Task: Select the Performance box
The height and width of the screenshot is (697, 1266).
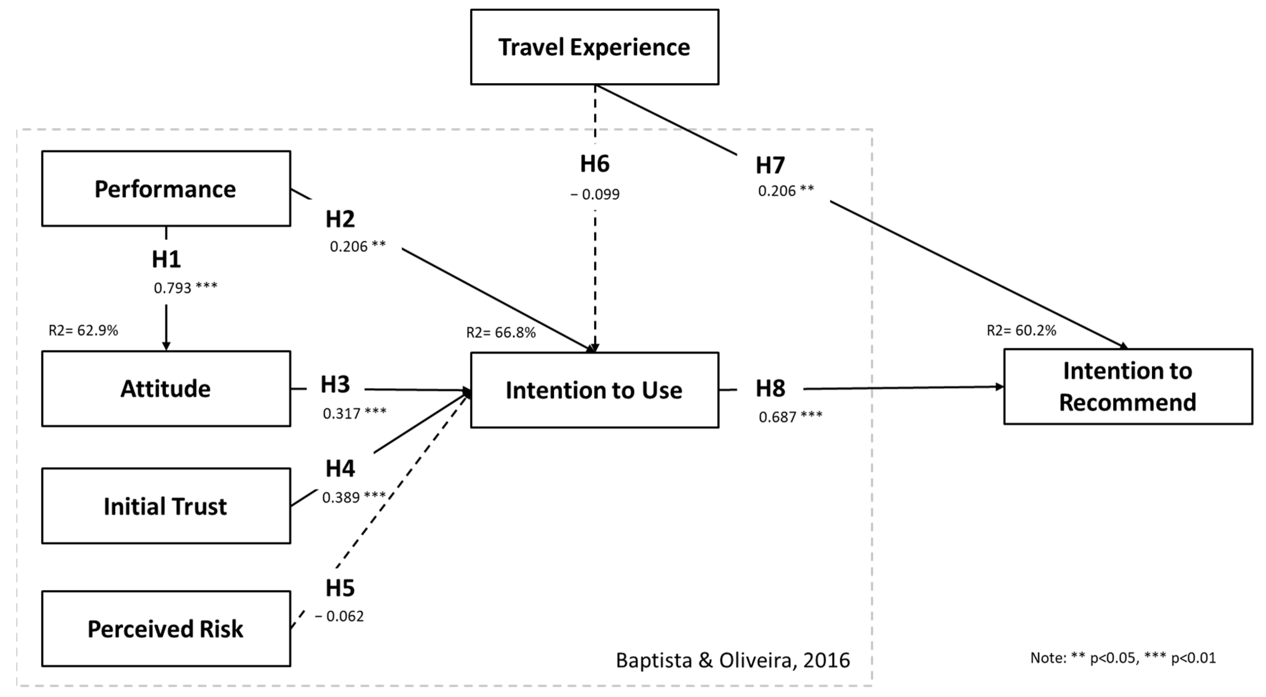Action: pos(166,189)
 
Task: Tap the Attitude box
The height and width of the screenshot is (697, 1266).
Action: pos(166,389)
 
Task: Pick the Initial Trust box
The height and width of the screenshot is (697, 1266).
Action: pos(166,506)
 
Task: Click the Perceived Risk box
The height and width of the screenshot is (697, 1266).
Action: pos(166,629)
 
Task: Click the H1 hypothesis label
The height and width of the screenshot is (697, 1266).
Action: pos(166,259)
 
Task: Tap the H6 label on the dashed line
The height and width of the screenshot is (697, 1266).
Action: pos(595,164)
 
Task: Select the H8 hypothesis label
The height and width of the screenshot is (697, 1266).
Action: pos(770,389)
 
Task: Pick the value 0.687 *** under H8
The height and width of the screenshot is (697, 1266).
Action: pos(790,417)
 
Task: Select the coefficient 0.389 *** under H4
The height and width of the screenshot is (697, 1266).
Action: pos(354,498)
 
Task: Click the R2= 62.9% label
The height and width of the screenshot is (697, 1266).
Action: pos(83,331)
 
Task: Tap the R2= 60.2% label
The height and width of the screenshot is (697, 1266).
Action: pos(1021,331)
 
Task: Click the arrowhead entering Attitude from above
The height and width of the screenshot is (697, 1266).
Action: pos(166,346)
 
